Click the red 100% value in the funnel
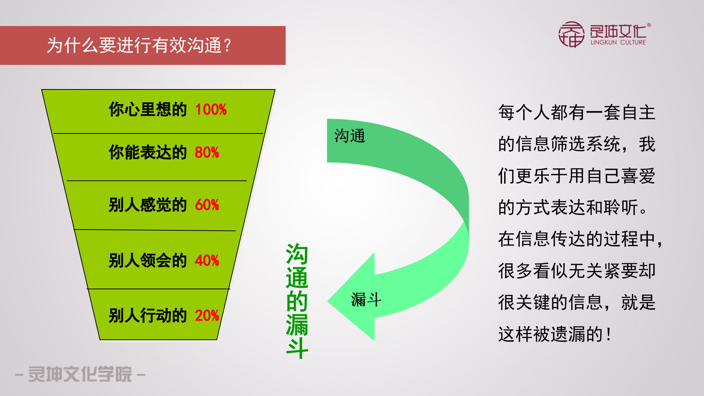(x=211, y=110)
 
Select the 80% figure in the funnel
(x=207, y=153)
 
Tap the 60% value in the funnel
(x=207, y=205)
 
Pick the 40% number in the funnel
(x=207, y=261)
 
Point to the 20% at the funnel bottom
(x=207, y=316)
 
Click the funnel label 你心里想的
(x=148, y=110)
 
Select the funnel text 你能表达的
(x=148, y=153)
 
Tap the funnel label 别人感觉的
(x=148, y=205)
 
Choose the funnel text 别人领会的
(x=148, y=261)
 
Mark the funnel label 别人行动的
(x=148, y=316)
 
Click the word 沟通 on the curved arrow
(x=350, y=136)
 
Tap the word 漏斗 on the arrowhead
(x=366, y=300)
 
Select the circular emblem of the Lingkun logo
(x=571, y=34)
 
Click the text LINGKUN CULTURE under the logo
(x=618, y=43)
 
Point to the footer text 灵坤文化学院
(x=80, y=374)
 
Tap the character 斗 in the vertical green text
(x=297, y=348)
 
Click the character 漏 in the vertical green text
(x=297, y=324)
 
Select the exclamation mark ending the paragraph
(x=609, y=334)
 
